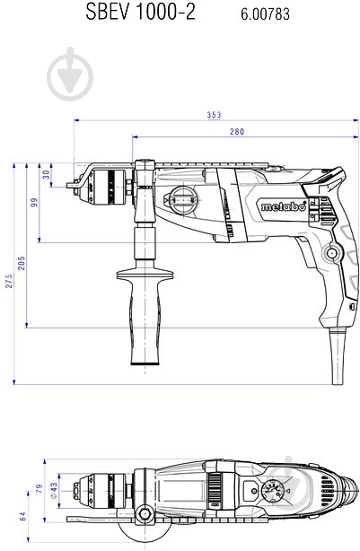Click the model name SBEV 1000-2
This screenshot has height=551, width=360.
pos(141,12)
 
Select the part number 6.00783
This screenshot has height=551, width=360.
pos(265,14)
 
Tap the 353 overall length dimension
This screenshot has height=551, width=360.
pos(214,115)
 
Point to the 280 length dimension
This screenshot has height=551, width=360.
pos(237,131)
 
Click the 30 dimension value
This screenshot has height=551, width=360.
pos(47,174)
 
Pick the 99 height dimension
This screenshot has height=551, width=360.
pos(34,203)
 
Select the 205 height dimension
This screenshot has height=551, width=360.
pos(22,263)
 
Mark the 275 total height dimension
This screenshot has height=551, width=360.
pos(8,281)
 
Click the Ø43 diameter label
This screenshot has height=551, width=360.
pos(54,491)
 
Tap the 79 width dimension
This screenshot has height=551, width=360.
pos(40,488)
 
